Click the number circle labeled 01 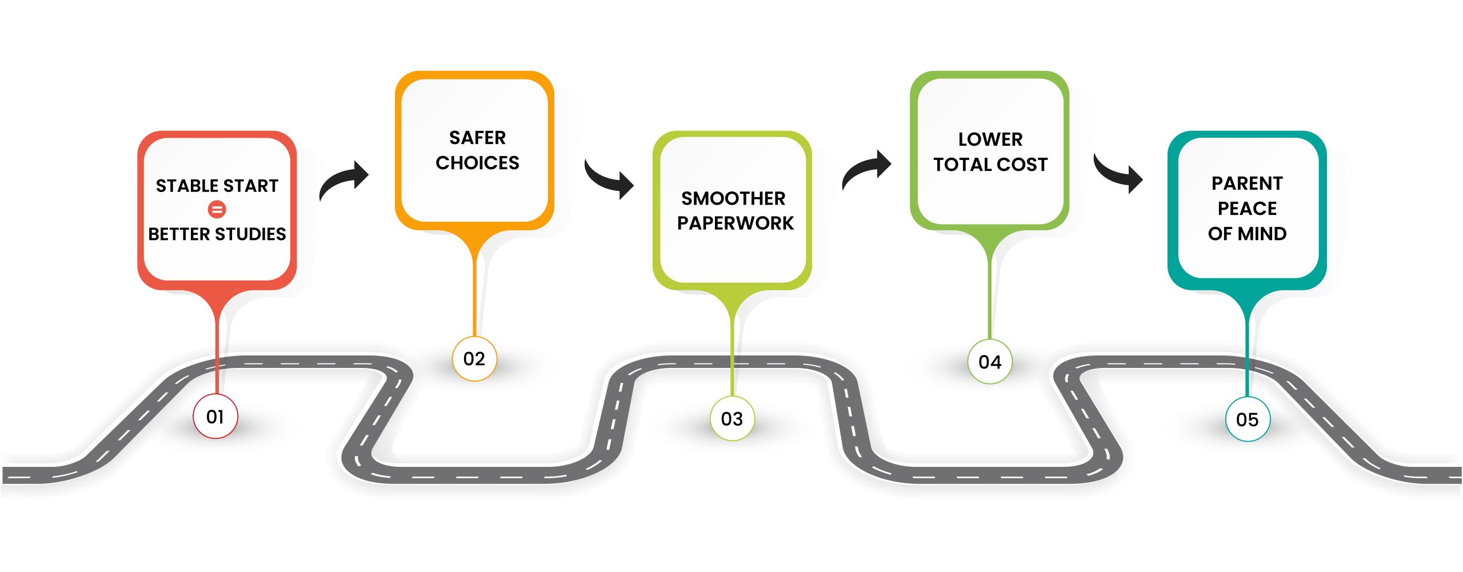click(x=215, y=417)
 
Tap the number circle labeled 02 click(x=474, y=359)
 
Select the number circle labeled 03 click(x=732, y=419)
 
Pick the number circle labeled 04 click(x=990, y=362)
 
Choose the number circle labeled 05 click(x=1248, y=419)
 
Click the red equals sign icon click(x=217, y=210)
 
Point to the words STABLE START click(x=217, y=186)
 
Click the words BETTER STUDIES click(x=217, y=234)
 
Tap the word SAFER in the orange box click(x=477, y=138)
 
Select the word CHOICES click(x=477, y=163)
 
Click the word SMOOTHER click(x=733, y=198)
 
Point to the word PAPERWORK click(x=736, y=223)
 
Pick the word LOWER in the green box click(x=990, y=139)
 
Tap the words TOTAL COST click(x=990, y=165)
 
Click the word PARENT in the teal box click(x=1247, y=183)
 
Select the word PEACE click(x=1247, y=209)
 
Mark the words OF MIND click(x=1247, y=234)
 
